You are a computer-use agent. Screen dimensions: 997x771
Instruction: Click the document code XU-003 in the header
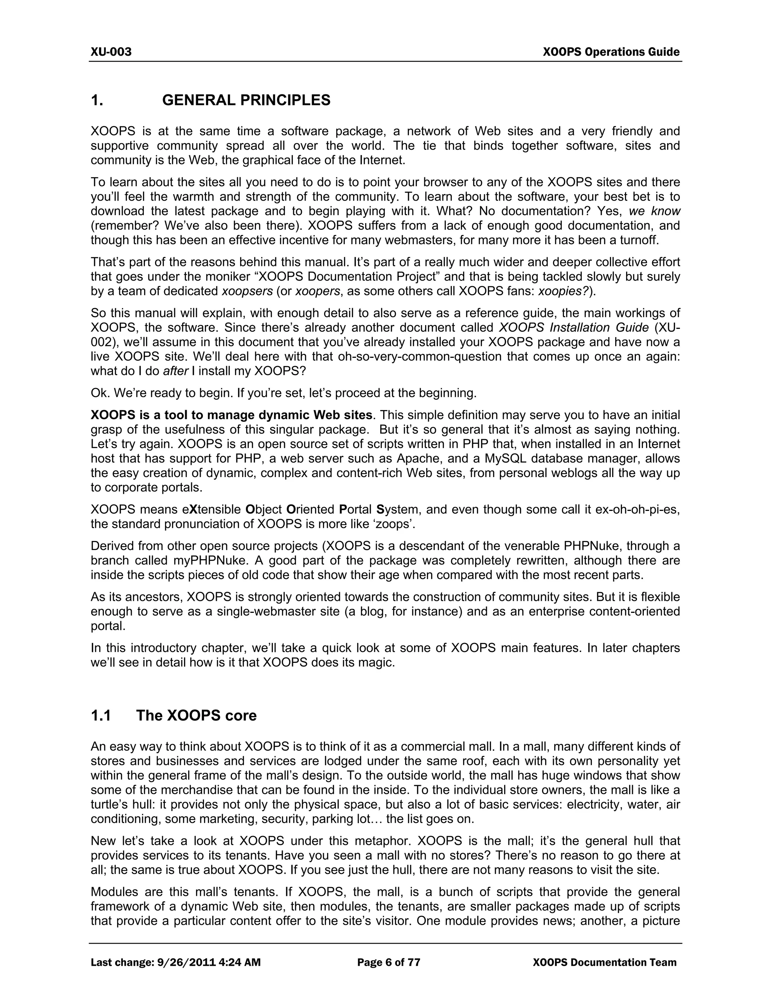[x=111, y=52]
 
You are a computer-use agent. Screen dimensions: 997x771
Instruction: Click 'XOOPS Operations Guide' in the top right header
[x=611, y=52]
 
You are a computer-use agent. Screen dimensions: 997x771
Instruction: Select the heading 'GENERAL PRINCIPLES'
[x=246, y=100]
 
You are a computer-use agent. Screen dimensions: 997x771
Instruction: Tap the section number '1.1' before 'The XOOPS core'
[x=101, y=715]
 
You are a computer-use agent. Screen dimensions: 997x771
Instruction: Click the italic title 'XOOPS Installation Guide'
[x=573, y=328]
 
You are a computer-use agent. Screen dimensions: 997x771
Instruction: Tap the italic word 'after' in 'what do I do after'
[x=175, y=371]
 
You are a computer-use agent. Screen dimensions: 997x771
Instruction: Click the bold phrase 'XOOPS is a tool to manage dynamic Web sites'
[x=231, y=415]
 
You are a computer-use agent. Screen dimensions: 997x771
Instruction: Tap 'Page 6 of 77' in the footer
[x=388, y=963]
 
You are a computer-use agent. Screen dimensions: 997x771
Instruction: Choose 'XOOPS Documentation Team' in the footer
[x=604, y=963]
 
